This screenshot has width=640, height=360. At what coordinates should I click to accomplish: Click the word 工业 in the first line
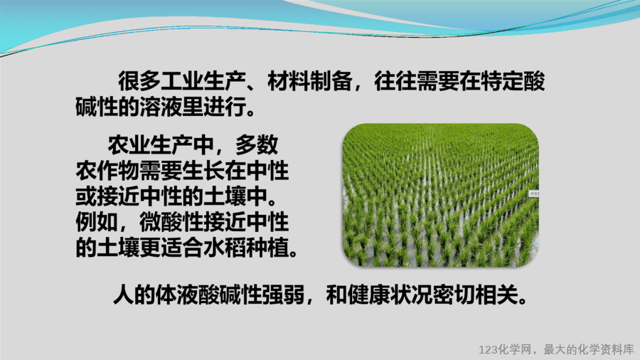182,81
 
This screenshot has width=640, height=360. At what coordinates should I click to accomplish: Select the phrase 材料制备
310,81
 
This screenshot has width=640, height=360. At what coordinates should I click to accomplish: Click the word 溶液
161,107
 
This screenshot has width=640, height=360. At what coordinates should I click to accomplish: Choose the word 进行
225,107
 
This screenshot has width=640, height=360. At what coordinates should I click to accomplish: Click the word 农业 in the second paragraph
129,144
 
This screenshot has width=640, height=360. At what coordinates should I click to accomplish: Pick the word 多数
257,144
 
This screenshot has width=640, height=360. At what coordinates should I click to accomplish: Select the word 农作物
108,171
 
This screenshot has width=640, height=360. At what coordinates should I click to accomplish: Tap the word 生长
203,171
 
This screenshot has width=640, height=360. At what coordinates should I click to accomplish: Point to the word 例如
97,222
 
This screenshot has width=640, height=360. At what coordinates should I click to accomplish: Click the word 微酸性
171,222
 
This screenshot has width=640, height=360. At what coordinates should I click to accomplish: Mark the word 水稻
225,248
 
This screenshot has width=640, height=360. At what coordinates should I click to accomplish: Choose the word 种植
267,248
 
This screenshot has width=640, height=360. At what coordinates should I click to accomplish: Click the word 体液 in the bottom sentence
177,295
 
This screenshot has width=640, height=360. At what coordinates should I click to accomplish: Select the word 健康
368,295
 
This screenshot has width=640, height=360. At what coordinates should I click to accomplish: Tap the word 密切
454,295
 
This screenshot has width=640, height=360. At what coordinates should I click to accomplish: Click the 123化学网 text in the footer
505,350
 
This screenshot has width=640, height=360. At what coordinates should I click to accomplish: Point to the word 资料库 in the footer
617,350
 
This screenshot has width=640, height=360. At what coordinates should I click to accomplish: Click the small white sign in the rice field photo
534,194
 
